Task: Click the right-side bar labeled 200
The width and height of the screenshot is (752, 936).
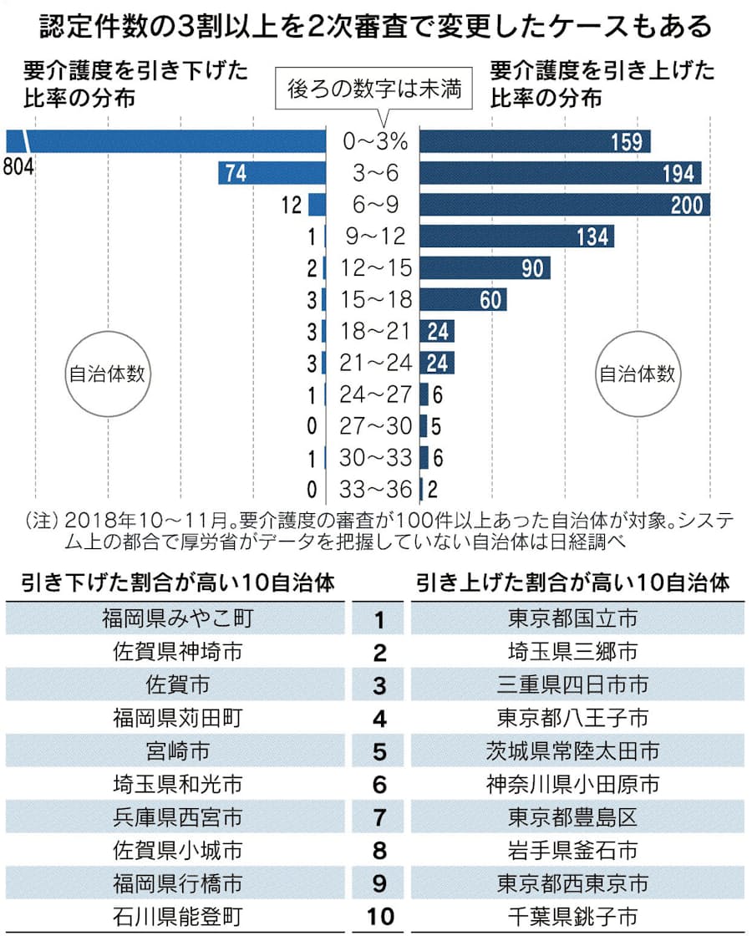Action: point(564,205)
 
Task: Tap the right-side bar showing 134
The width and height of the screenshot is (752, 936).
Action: point(516,237)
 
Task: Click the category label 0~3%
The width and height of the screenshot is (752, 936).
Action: point(375,142)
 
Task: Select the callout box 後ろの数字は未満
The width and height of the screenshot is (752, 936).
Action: point(373,89)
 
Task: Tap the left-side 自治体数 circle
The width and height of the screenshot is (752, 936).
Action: point(106,374)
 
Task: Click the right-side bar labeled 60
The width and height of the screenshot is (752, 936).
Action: point(462,300)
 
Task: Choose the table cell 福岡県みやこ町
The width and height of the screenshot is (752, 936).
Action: point(177,619)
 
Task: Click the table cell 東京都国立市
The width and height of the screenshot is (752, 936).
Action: point(572,619)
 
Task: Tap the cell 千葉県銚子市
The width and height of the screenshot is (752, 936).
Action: point(572,917)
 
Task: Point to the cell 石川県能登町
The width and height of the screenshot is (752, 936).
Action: point(177,917)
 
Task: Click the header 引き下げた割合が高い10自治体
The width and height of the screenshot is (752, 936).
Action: point(177,582)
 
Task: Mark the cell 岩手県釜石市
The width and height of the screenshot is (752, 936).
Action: point(572,851)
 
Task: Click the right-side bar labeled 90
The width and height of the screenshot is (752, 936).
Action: point(485,268)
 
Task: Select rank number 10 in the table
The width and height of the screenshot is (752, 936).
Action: point(379,917)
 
